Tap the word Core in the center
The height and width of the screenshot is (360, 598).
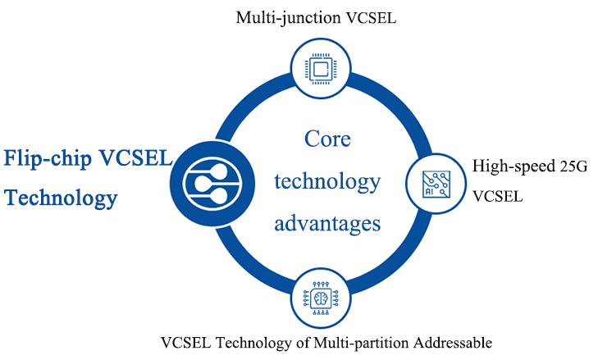(327, 139)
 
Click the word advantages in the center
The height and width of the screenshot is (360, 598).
(327, 222)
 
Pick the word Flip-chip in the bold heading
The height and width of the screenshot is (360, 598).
(48, 157)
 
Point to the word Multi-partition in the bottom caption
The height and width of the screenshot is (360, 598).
(336, 341)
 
